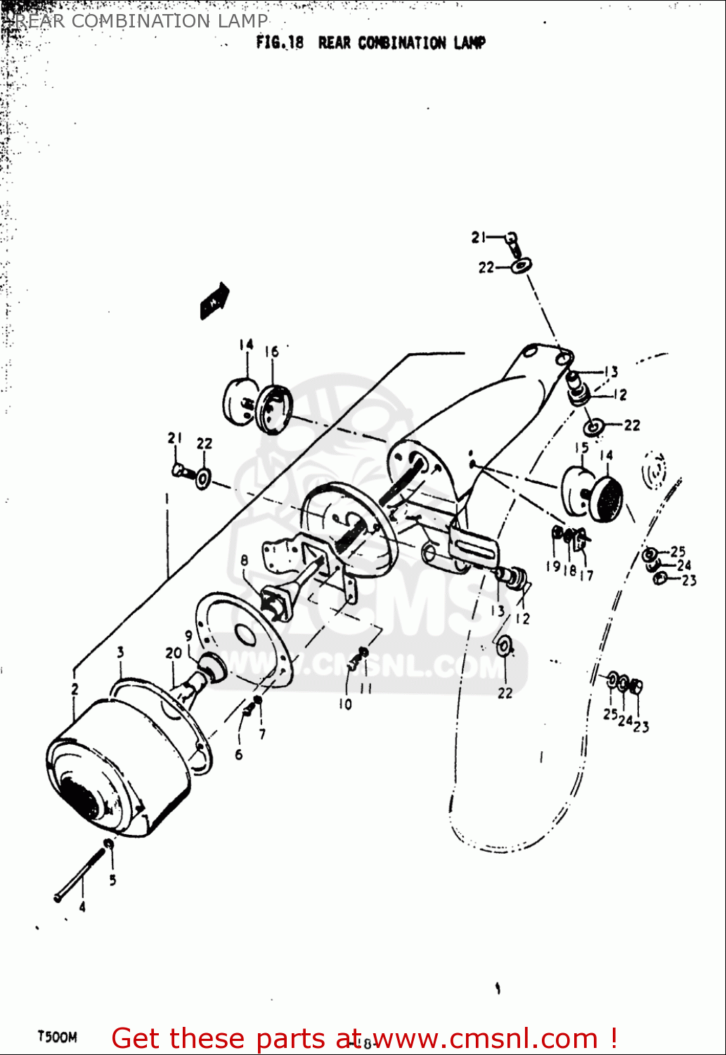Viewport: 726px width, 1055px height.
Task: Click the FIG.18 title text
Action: pyautogui.click(x=370, y=43)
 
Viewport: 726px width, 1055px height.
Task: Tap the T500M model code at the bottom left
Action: pyautogui.click(x=57, y=1037)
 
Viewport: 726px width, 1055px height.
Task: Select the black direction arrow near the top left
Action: pyautogui.click(x=215, y=300)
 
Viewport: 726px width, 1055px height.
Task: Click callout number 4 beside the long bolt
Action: pyautogui.click(x=82, y=907)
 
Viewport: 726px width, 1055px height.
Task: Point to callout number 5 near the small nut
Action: pyautogui.click(x=112, y=880)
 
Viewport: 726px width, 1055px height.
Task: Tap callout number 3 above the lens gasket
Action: pyautogui.click(x=120, y=652)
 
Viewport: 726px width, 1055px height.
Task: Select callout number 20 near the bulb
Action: pyautogui.click(x=173, y=653)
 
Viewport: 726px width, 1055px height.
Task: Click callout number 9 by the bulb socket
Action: pyautogui.click(x=188, y=636)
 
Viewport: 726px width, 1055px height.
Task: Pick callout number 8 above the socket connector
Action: pyautogui.click(x=244, y=561)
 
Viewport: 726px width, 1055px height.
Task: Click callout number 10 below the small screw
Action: pyautogui.click(x=345, y=704)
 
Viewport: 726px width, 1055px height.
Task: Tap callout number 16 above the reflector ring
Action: pyautogui.click(x=271, y=351)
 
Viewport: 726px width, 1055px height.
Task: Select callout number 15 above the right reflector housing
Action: pyautogui.click(x=581, y=448)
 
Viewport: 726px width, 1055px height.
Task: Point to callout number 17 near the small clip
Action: pyautogui.click(x=586, y=575)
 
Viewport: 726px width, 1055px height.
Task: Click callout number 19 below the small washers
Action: pyautogui.click(x=553, y=566)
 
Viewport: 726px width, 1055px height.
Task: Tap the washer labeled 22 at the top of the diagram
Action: pyautogui.click(x=521, y=266)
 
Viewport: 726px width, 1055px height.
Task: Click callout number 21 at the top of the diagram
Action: pyautogui.click(x=479, y=238)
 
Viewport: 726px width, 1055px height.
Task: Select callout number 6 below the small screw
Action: pyautogui.click(x=239, y=755)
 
